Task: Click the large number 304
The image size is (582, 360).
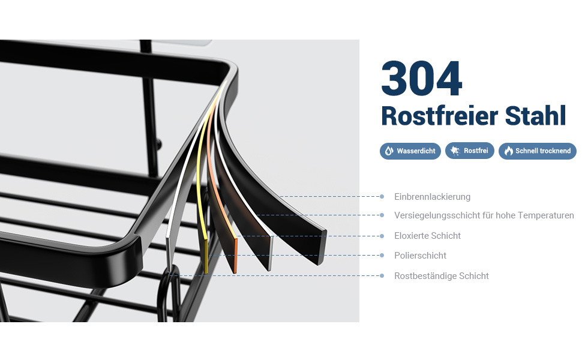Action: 422,79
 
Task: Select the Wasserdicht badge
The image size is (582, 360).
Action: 410,151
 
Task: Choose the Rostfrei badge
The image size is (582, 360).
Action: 470,151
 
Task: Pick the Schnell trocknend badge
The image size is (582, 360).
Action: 537,151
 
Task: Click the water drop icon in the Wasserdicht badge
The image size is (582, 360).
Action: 389,151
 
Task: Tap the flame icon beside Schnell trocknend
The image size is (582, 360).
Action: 508,151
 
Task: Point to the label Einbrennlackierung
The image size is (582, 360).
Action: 432,197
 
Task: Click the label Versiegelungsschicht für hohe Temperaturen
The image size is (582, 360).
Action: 484,215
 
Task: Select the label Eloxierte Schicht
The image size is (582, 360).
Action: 427,236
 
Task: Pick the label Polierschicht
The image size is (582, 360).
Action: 420,256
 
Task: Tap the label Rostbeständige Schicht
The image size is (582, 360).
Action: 441,276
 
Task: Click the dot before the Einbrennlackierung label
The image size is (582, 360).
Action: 382,196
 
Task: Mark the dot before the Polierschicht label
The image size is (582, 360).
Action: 382,255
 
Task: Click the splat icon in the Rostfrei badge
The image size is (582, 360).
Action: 455,151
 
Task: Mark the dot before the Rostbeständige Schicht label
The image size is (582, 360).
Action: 382,275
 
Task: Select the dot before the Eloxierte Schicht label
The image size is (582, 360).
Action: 382,236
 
